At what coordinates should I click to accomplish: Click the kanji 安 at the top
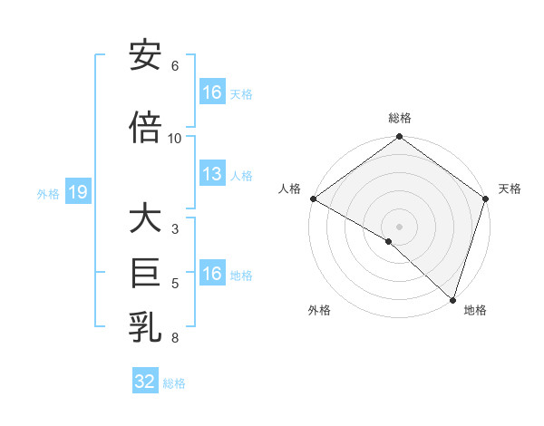tap(145, 56)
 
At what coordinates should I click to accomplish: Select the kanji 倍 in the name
tap(145, 128)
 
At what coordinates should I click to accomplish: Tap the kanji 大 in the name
tap(145, 219)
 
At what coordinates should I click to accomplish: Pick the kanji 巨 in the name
tap(145, 273)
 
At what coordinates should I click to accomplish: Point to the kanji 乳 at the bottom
tap(145, 327)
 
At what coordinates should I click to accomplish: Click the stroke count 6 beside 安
tap(175, 66)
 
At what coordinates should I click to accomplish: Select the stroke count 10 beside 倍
tap(175, 139)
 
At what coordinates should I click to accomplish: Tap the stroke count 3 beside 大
tap(175, 229)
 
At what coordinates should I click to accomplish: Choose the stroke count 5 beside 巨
tap(175, 284)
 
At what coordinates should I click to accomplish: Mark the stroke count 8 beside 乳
tap(175, 338)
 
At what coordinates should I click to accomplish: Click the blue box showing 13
tap(211, 175)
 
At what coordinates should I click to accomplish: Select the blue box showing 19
tap(77, 192)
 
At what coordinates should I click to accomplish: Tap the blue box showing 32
tap(144, 382)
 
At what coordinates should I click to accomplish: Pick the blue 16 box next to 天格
tap(211, 92)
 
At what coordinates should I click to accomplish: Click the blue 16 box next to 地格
tap(211, 274)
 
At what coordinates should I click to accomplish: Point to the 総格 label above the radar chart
tap(399, 118)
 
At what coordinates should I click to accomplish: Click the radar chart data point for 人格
tap(313, 198)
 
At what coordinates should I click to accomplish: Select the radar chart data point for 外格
tap(389, 241)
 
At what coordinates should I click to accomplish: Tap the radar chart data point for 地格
tap(452, 299)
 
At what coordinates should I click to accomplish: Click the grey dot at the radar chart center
tap(399, 226)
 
